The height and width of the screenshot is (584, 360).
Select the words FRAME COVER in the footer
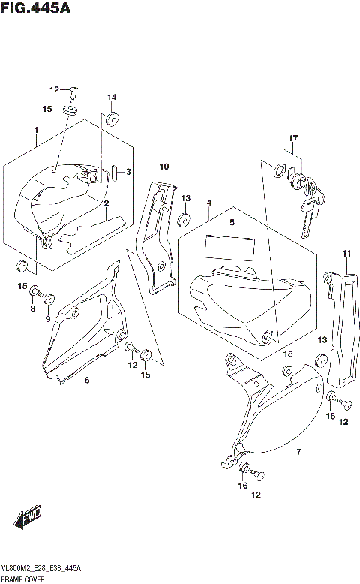(x=22, y=579)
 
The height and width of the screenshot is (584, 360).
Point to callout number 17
(x=294, y=138)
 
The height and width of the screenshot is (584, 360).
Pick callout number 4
(x=208, y=203)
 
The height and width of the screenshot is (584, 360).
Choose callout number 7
(x=298, y=452)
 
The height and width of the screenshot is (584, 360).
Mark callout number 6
(x=87, y=381)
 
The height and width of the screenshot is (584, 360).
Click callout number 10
(x=163, y=167)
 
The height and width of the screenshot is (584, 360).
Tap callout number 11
(x=346, y=253)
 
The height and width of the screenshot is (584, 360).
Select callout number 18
(x=287, y=354)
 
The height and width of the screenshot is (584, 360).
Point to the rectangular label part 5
(x=230, y=247)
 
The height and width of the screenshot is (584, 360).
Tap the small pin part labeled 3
(x=113, y=173)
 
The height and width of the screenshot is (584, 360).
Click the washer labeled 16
(x=244, y=471)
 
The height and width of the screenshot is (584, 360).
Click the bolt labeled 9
(x=49, y=299)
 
